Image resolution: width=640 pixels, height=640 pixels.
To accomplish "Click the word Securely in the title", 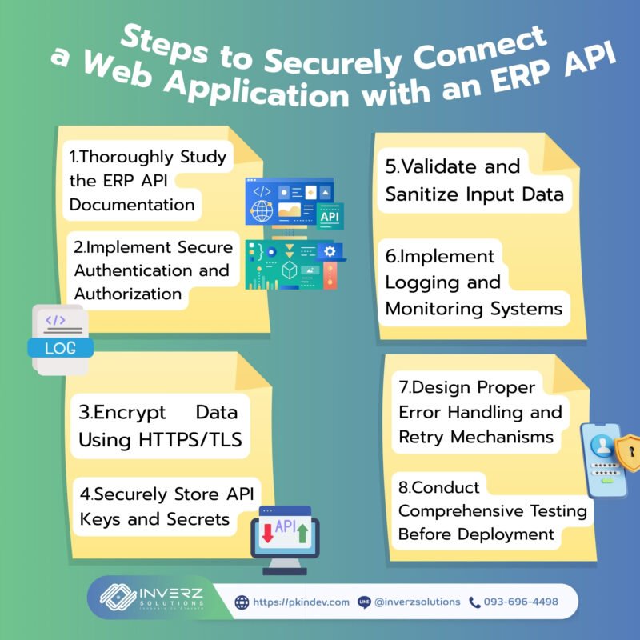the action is pos(333,62).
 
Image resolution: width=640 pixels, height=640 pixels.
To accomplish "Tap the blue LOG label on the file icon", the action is pos(61,348).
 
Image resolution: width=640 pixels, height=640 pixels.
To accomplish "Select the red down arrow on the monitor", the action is pos(268,533).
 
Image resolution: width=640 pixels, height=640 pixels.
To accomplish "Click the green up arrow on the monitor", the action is pos(302,534).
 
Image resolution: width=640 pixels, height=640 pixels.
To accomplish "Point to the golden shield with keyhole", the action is pos(629,452).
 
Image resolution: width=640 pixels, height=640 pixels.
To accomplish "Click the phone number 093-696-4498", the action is pos(521,602).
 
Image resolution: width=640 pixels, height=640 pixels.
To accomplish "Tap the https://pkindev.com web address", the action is pos(302,602).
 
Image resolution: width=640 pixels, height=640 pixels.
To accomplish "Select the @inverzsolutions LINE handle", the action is pos(417,602).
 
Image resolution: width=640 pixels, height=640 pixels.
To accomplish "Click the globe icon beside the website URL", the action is pos(242,602).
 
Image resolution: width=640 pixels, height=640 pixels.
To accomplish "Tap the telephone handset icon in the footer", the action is pos(474,602).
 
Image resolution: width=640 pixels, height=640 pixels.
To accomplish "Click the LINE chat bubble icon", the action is pos(364,602).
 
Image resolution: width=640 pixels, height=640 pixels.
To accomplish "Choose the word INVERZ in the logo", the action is pos(171,593).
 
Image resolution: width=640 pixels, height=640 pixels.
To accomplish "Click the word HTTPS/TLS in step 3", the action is pos(190,439).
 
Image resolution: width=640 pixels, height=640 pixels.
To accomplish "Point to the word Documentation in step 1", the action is pos(132,205).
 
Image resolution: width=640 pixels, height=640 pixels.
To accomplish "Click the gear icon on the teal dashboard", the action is pos(330,251).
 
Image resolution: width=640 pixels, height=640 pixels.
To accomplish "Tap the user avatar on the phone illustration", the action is pos(602,445).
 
